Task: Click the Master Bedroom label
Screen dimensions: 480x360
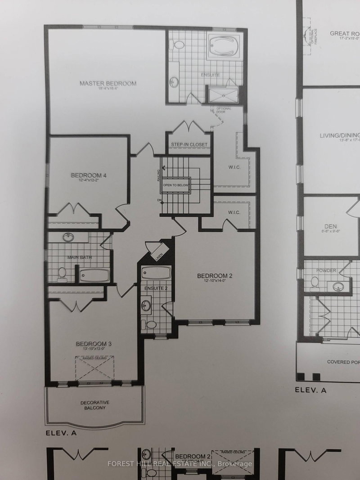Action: (108, 84)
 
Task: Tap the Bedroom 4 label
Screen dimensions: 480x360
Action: (88, 175)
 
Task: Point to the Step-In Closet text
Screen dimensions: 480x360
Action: (189, 144)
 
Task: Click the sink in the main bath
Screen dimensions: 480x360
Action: (69, 237)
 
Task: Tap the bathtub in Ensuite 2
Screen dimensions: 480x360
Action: (156, 273)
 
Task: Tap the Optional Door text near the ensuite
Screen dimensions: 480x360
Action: (224, 110)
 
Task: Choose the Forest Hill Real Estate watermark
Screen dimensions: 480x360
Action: (180, 464)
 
